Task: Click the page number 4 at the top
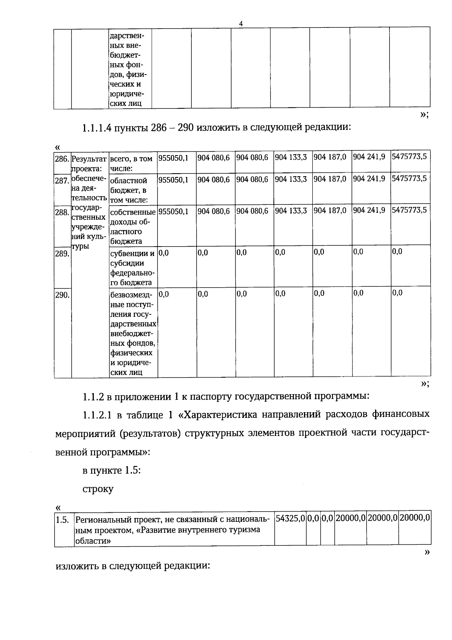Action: [x=241, y=24]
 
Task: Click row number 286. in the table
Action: [x=62, y=158]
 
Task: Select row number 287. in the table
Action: [x=62, y=180]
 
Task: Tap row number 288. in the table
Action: [x=62, y=212]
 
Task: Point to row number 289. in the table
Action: [x=62, y=254]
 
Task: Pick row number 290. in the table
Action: [x=62, y=295]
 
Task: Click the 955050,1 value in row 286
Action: [x=173, y=158]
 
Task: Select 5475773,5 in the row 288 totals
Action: [x=409, y=210]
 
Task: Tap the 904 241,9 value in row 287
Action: [x=369, y=179]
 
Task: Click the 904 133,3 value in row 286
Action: [x=291, y=157]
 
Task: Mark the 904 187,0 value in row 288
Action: [x=330, y=210]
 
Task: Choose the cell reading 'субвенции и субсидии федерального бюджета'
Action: [x=133, y=268]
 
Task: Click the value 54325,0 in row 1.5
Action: [x=290, y=518]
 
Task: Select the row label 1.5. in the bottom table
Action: [x=63, y=520]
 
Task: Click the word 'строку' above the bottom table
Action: [x=98, y=489]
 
